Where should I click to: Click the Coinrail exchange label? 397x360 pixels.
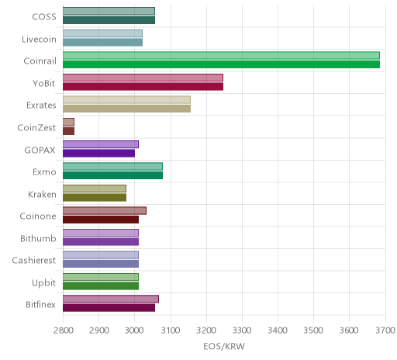coord(40,61)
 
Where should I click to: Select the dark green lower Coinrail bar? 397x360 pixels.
coord(221,64)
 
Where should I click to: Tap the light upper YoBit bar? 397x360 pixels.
coord(143,78)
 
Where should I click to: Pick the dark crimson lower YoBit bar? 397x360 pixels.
coord(143,87)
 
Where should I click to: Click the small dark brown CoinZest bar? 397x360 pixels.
coord(68,131)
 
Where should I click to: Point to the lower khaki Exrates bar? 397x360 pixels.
coord(126,109)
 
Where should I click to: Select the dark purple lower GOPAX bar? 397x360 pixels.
coord(98,153)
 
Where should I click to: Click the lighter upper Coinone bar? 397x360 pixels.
coord(105,211)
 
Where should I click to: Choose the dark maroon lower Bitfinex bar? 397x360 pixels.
coord(109,308)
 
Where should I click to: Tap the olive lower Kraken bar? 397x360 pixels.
coord(95,197)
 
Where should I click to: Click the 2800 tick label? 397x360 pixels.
coord(63,331)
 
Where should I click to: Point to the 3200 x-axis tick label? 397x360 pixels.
coord(206,331)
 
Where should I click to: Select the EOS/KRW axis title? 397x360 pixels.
coord(224,347)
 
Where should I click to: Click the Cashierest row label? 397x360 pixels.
coord(34,261)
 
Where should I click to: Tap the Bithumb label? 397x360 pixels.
coord(38,238)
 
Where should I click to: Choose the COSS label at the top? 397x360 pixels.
coord(44,17)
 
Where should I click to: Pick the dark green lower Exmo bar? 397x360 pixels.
coord(112,175)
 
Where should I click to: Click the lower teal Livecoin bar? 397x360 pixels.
coord(102,43)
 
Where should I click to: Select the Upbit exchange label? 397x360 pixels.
coord(43,283)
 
